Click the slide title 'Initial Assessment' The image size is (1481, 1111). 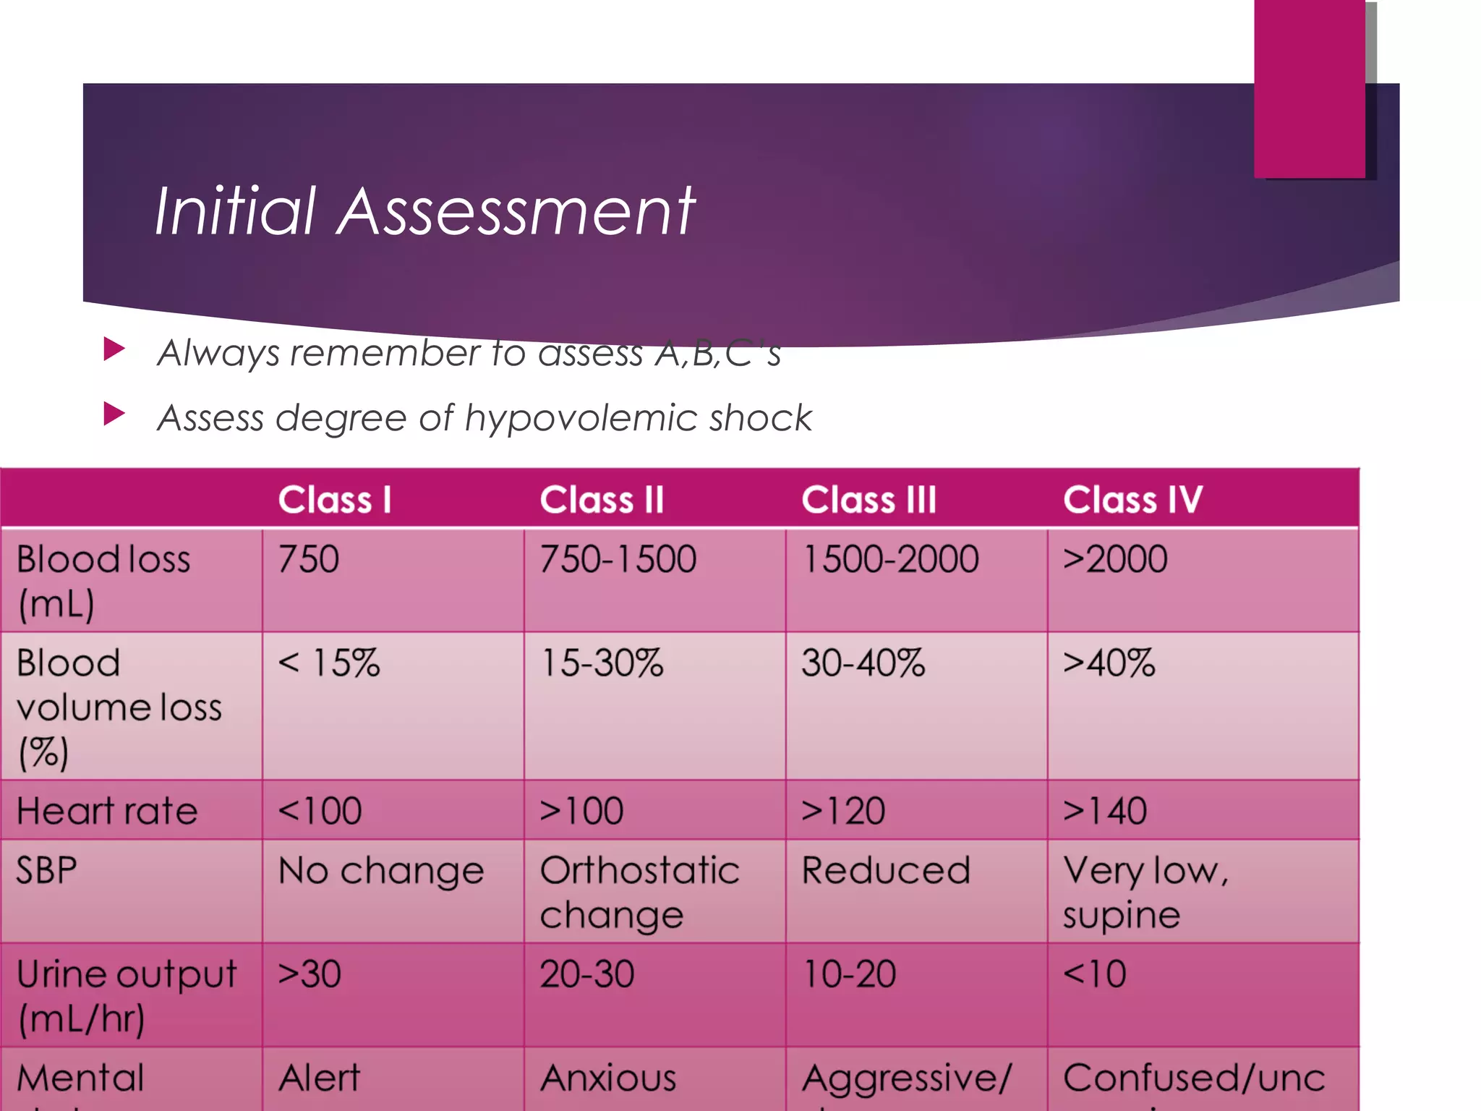point(424,210)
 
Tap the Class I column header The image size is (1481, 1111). point(335,500)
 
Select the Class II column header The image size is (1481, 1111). point(602,500)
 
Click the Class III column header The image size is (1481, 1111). point(868,500)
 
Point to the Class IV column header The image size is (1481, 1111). point(1132,500)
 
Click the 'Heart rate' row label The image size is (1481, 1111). point(107,811)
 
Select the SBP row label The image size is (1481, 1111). point(46,870)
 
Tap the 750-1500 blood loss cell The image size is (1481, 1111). point(618,559)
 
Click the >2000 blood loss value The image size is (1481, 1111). point(1115,559)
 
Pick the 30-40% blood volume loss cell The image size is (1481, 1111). point(863,663)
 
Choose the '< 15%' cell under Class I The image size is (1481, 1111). point(329,663)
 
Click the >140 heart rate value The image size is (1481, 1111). point(1105,811)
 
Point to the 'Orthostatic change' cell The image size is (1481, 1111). point(639,893)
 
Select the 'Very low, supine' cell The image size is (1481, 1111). point(1145,893)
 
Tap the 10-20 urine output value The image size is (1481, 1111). point(850,974)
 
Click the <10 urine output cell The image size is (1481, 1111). point(1095,974)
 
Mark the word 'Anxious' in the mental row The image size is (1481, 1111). point(608,1078)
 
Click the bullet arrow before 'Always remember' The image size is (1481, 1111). point(114,349)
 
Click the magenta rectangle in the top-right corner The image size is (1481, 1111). point(1309,88)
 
